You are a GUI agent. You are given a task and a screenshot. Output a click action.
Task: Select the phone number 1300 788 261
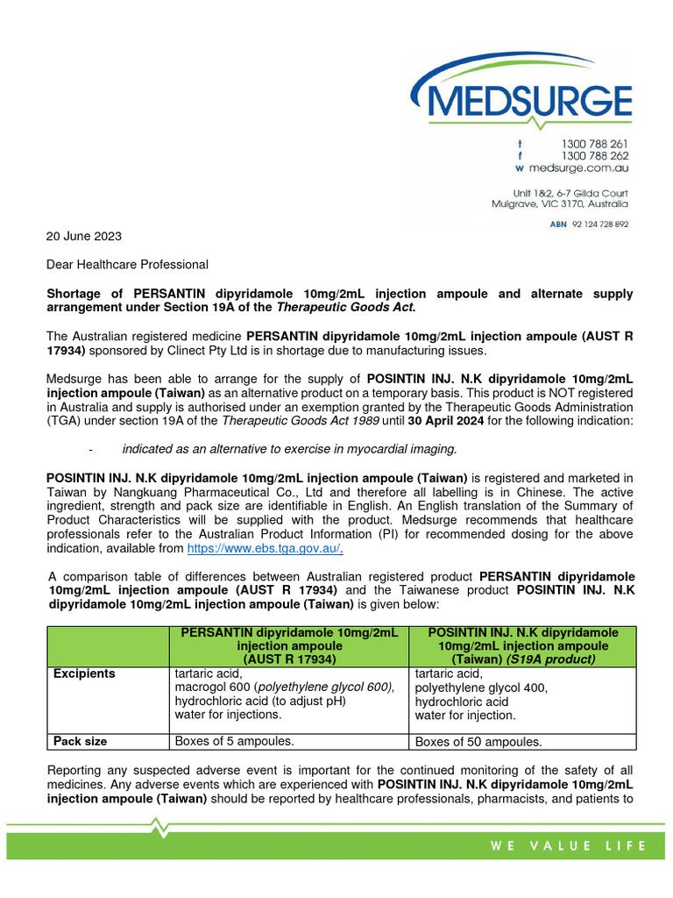(x=594, y=143)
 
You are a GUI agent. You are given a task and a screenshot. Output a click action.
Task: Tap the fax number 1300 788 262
(x=594, y=155)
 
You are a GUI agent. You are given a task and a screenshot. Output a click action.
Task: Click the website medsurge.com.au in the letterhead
(x=584, y=167)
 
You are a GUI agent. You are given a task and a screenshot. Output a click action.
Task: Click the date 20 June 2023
(x=84, y=236)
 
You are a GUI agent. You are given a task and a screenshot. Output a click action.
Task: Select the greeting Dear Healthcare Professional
(x=127, y=264)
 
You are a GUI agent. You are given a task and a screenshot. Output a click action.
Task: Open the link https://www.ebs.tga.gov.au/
(x=266, y=548)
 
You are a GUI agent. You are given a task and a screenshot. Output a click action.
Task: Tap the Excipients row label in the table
(x=84, y=673)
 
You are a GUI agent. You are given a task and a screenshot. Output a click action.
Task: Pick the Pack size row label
(x=81, y=741)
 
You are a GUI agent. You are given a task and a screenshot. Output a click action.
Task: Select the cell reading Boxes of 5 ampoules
(x=235, y=741)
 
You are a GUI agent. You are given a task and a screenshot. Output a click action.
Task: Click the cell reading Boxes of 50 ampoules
(x=478, y=742)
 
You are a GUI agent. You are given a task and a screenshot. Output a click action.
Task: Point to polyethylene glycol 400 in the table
(x=481, y=688)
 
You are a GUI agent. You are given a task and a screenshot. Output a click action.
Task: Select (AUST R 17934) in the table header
(x=287, y=658)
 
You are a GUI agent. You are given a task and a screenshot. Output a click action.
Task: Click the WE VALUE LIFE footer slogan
(x=568, y=846)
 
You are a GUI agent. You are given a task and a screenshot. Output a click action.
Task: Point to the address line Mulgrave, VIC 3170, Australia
(x=559, y=203)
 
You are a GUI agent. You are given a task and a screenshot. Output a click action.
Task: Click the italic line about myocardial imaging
(x=289, y=449)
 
